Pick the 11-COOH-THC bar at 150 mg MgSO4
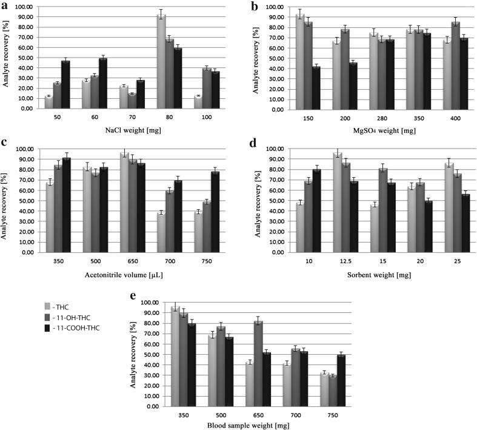point(316,88)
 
